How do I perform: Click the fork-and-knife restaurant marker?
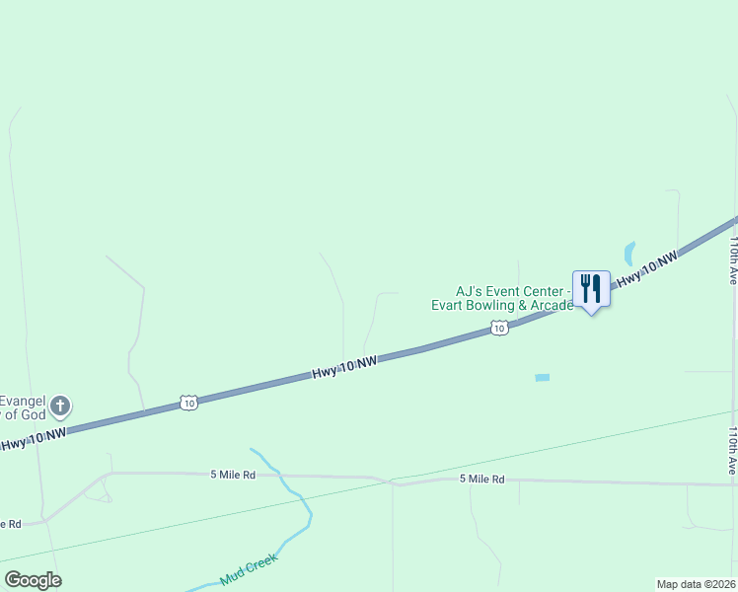click(x=591, y=289)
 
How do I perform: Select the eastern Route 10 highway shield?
click(x=500, y=328)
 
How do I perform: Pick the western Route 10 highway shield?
click(x=188, y=402)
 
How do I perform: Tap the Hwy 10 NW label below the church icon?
click(x=35, y=438)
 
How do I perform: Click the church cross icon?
click(x=60, y=405)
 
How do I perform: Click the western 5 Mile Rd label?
click(x=233, y=475)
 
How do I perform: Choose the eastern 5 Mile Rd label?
click(x=481, y=480)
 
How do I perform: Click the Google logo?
click(x=33, y=580)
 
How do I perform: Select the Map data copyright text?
click(x=696, y=584)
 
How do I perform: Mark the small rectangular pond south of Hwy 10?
click(x=542, y=378)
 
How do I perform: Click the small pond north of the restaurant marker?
click(x=629, y=253)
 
